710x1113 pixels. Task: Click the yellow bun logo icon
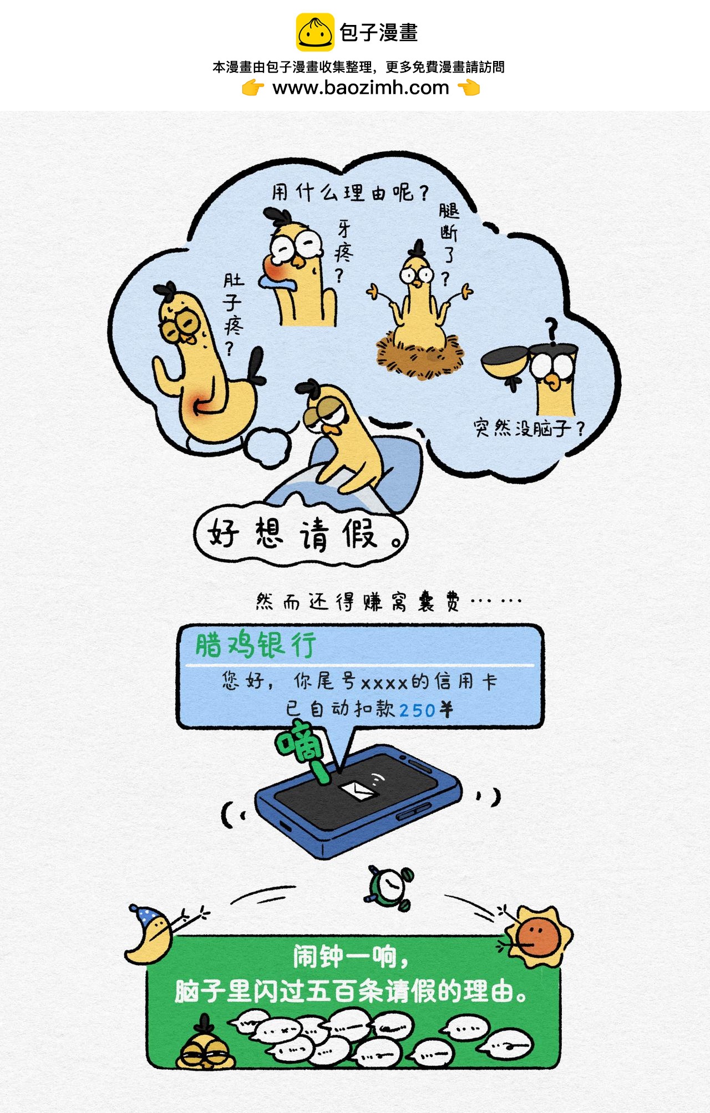pos(315,32)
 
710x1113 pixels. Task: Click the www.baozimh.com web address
pos(361,88)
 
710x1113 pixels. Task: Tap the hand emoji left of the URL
pos(253,88)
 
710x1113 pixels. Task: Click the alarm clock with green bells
pos(390,888)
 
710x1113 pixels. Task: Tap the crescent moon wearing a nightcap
pos(148,935)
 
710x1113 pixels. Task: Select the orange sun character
pos(536,936)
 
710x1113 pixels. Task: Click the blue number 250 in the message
pos(417,710)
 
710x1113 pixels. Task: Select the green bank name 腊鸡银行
pos(256,645)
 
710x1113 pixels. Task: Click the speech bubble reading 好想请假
pos(301,533)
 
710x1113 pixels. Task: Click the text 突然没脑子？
pos(529,428)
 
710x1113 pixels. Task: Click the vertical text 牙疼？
pos(344,251)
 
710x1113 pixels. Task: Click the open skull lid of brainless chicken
pos(504,361)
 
